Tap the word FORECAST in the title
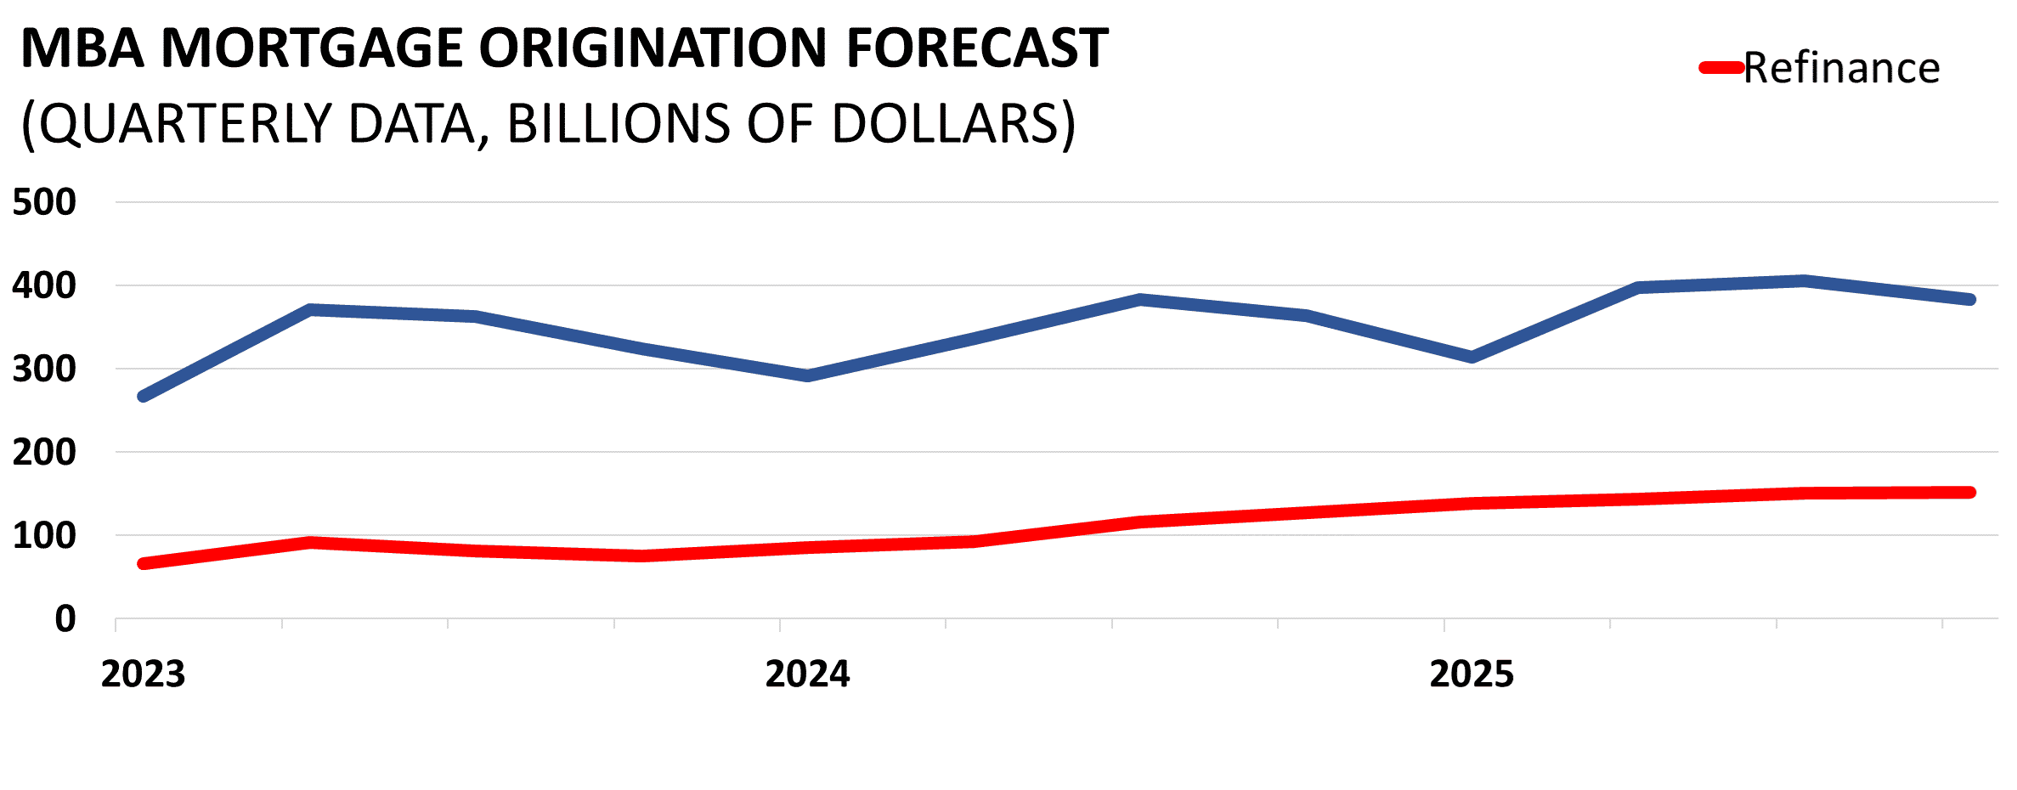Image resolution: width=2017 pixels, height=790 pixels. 977,48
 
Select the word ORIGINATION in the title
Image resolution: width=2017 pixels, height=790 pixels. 653,48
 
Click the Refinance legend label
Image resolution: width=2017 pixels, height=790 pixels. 1841,68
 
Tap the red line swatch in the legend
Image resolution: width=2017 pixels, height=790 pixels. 1721,68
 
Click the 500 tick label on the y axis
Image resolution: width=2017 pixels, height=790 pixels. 44,202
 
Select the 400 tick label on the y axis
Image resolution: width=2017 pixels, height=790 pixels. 44,285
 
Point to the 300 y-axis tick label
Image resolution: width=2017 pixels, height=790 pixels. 44,369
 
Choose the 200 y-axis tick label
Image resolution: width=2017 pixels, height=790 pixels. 44,452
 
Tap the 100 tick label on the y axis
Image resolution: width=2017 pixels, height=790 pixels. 44,535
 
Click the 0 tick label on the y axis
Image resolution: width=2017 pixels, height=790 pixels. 65,619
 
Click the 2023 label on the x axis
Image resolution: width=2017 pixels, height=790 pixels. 143,674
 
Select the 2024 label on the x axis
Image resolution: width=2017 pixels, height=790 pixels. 807,674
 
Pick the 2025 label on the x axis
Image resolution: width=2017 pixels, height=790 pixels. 1472,674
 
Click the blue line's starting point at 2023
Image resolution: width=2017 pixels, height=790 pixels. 143,397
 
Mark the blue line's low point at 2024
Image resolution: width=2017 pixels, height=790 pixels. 807,375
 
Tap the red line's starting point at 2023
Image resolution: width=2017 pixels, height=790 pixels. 143,563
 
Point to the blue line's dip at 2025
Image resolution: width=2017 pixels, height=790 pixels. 1472,357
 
